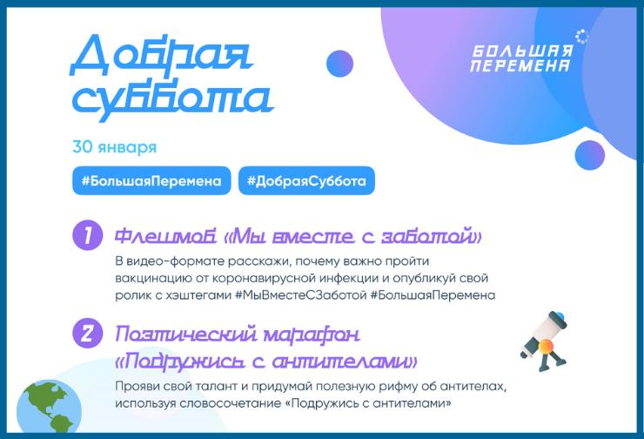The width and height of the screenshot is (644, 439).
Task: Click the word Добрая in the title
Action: pyautogui.click(x=161, y=57)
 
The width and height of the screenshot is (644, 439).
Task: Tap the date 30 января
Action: pyautogui.click(x=115, y=147)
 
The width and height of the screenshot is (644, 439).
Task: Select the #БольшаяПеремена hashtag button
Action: pyautogui.click(x=151, y=180)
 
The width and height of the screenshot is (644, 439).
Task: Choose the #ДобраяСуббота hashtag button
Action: pyautogui.click(x=306, y=180)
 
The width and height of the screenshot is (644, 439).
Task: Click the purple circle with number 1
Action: pyautogui.click(x=87, y=235)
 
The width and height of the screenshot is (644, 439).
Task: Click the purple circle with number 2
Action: pyautogui.click(x=87, y=334)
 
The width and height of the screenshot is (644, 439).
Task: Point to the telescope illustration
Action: pyautogui.click(x=543, y=341)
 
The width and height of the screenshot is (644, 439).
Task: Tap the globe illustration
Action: pyautogui.click(x=49, y=406)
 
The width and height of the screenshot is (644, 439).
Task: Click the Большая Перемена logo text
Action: pyautogui.click(x=521, y=58)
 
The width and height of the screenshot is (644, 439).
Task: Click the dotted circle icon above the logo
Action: pyautogui.click(x=581, y=37)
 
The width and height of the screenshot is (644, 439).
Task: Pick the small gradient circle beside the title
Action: pyautogui.click(x=339, y=64)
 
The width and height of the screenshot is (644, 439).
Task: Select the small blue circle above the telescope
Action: pyautogui.click(x=590, y=155)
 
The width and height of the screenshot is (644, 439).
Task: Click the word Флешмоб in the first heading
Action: pyautogui.click(x=165, y=236)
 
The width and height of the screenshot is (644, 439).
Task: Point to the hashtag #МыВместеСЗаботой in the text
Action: pyautogui.click(x=300, y=295)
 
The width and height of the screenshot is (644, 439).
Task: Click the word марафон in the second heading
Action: pyautogui.click(x=312, y=335)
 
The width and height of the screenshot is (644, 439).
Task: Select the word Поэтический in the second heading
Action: pyautogui.click(x=187, y=334)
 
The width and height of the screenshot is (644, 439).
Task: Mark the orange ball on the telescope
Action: pyautogui.click(x=546, y=347)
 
